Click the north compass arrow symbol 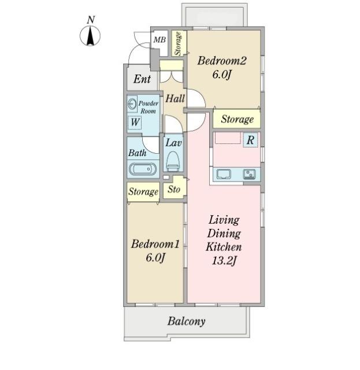click(90, 36)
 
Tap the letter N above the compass click(91, 20)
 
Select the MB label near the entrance click(159, 40)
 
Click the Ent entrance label click(142, 79)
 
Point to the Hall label click(175, 98)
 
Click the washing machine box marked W click(135, 122)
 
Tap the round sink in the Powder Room click(132, 104)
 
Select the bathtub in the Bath click(143, 169)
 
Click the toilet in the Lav click(173, 161)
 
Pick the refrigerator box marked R click(250, 140)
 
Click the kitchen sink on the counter click(224, 175)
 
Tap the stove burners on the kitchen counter click(249, 174)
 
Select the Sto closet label click(174, 189)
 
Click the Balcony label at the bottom click(187, 321)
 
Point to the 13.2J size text click(224, 261)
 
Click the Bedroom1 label click(155, 244)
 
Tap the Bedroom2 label click(222, 61)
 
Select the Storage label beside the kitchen click(237, 120)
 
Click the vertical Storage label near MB click(179, 44)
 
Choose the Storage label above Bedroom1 click(143, 191)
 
